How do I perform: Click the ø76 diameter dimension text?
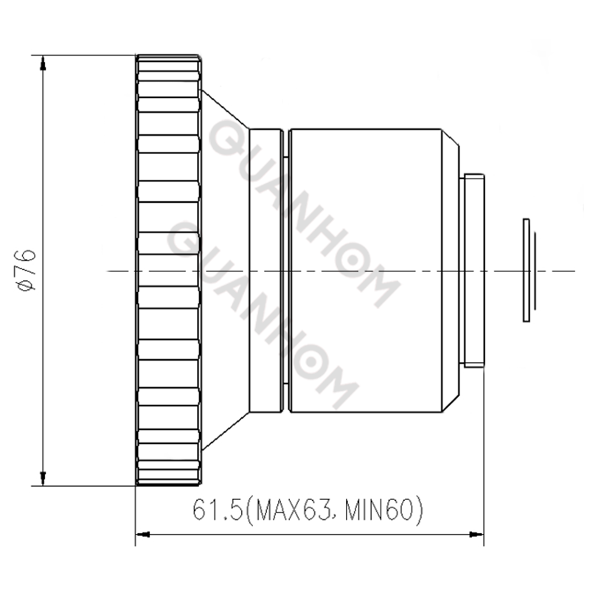coord(26,270)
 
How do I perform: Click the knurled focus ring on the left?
coord(168,270)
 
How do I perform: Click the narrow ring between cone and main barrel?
coord(266,270)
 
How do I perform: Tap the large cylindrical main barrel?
coord(365,270)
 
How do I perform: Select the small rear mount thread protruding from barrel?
coord(473,270)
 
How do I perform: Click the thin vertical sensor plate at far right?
coord(525,270)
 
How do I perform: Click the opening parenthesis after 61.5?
coord(246,510)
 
